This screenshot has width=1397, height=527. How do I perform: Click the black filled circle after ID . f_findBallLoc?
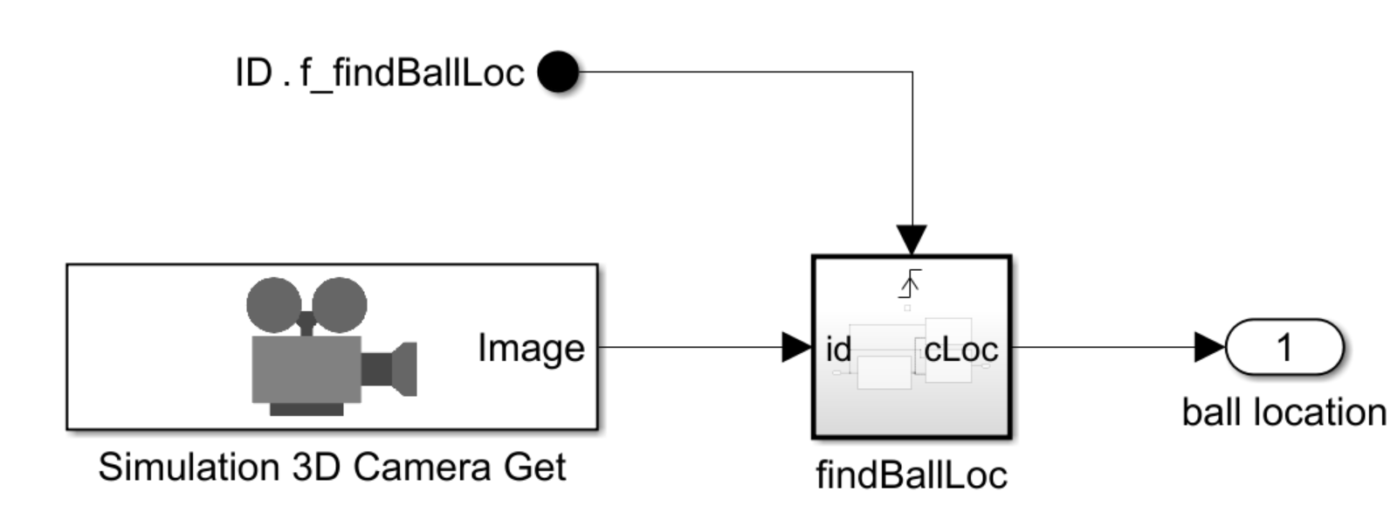(558, 72)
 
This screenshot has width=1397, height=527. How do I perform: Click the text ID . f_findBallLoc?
(380, 73)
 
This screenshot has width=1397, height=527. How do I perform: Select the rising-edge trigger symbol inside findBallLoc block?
(910, 284)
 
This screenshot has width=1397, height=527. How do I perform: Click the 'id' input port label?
(838, 350)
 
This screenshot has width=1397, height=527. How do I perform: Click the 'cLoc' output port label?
(960, 350)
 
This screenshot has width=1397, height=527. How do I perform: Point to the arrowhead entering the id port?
(796, 347)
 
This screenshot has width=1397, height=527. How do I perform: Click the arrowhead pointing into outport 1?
(1209, 347)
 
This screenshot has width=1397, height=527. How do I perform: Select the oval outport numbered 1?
(1284, 347)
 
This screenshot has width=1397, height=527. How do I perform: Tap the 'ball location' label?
(1283, 413)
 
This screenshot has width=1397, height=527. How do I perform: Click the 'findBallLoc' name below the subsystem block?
(912, 475)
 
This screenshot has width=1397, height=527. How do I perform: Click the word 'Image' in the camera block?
(531, 349)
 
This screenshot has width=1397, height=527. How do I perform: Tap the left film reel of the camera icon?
(274, 304)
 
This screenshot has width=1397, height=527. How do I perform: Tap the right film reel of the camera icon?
(341, 304)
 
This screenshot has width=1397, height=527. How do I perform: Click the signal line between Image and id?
(690, 347)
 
